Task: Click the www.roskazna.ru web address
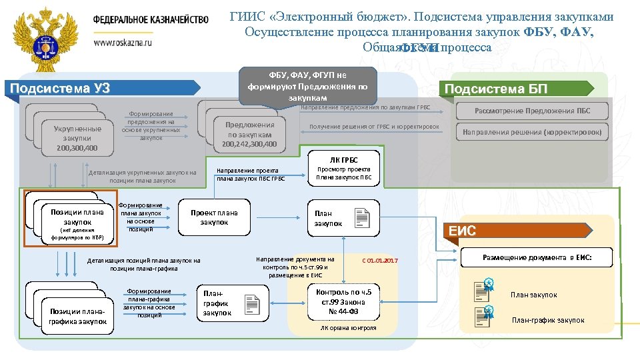123,41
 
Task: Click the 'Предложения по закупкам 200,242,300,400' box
249,134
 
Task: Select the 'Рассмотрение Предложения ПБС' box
532,111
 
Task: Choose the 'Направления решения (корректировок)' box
532,132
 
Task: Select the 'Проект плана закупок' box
214,217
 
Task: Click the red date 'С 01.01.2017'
379,260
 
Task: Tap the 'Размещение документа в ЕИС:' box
537,257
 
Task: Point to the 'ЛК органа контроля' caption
348,328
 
